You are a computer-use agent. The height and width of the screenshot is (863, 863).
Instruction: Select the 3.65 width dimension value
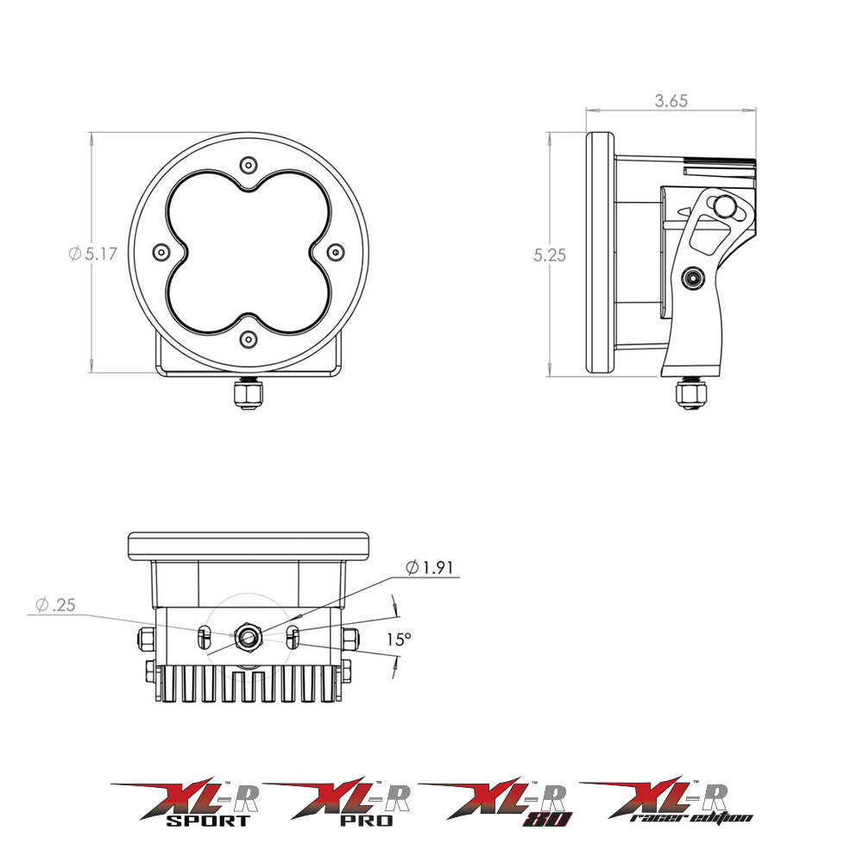pos(671,101)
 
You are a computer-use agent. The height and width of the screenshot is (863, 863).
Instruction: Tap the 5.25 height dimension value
pos(550,255)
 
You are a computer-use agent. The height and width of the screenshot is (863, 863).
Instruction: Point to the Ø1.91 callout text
pos(429,568)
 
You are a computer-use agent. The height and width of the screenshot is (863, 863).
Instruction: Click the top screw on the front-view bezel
pos(249,165)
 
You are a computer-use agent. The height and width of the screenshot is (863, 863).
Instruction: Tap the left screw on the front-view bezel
pos(161,252)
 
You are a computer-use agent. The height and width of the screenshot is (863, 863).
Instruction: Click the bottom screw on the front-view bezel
pos(249,339)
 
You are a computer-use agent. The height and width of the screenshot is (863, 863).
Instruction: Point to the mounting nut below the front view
pos(249,394)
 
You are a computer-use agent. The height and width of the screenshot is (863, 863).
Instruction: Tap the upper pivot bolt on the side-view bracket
pos(724,207)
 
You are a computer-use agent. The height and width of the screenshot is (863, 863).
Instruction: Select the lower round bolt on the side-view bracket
pos(692,278)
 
